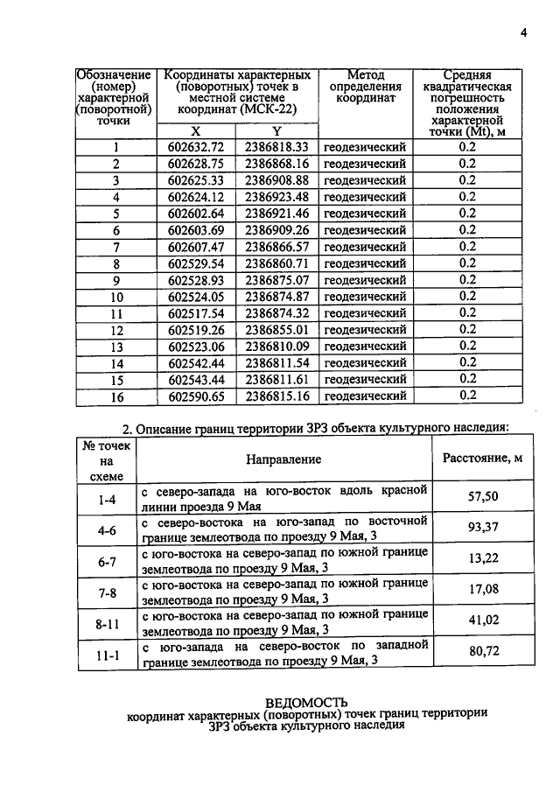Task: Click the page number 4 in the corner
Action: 523,33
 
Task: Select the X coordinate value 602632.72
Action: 196,147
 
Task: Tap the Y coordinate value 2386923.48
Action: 276,197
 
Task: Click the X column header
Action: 195,130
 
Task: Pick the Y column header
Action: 276,130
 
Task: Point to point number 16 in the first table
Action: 115,396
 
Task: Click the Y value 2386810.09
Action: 276,347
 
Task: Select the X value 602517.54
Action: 196,313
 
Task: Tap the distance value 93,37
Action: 484,529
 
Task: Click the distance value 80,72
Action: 484,652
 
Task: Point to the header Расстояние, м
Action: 483,458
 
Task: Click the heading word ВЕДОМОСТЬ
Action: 306,702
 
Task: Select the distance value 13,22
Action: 484,560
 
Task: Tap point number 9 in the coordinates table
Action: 115,280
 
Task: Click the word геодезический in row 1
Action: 365,147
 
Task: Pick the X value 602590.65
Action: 196,396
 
